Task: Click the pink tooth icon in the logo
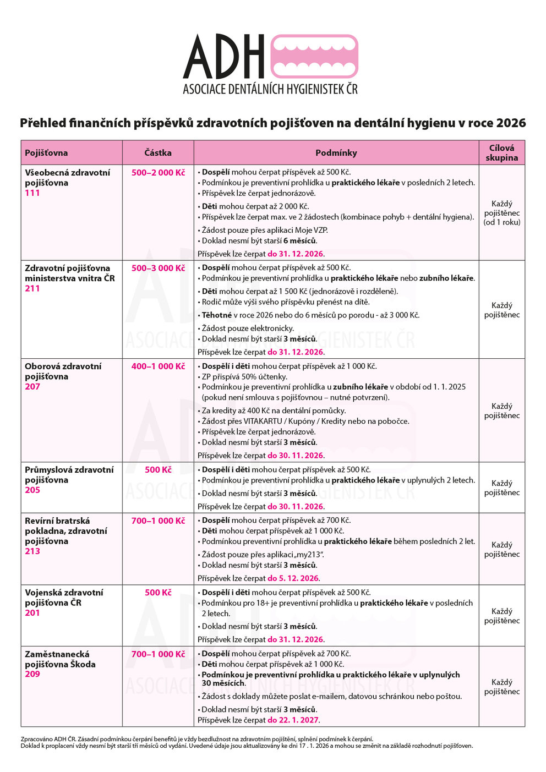(314, 57)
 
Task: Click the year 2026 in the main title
(511, 123)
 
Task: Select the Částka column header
(158, 153)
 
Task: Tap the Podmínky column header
(336, 153)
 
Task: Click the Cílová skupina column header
(501, 152)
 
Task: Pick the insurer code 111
(32, 193)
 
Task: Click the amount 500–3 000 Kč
(158, 268)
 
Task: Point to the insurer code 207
(32, 387)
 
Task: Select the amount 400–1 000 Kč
(158, 366)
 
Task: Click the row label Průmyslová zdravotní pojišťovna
(69, 475)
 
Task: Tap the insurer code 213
(32, 551)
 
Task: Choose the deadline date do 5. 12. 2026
(293, 578)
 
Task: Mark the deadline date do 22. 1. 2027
(293, 720)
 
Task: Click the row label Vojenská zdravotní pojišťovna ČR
(64, 598)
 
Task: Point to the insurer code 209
(32, 674)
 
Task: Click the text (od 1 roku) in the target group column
(501, 222)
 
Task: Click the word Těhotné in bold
(217, 315)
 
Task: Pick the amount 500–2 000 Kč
(158, 173)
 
